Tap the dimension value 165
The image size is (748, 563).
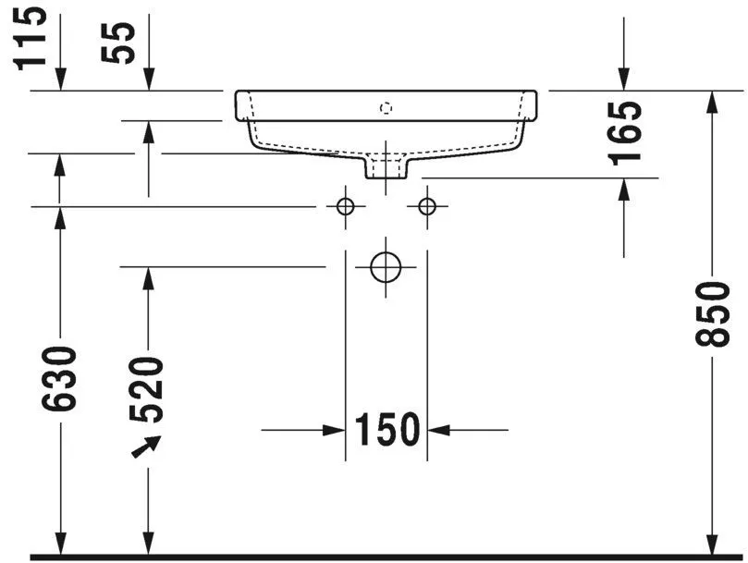626,131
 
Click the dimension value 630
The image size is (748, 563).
60,378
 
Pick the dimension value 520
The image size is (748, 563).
148,388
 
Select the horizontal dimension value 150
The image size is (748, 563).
386,429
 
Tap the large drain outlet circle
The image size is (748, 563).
386,266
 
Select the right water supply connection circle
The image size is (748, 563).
427,206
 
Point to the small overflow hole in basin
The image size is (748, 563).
386,107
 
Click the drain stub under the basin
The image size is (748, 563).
386,167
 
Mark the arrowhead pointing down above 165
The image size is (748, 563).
624,81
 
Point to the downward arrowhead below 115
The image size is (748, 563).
60,81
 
